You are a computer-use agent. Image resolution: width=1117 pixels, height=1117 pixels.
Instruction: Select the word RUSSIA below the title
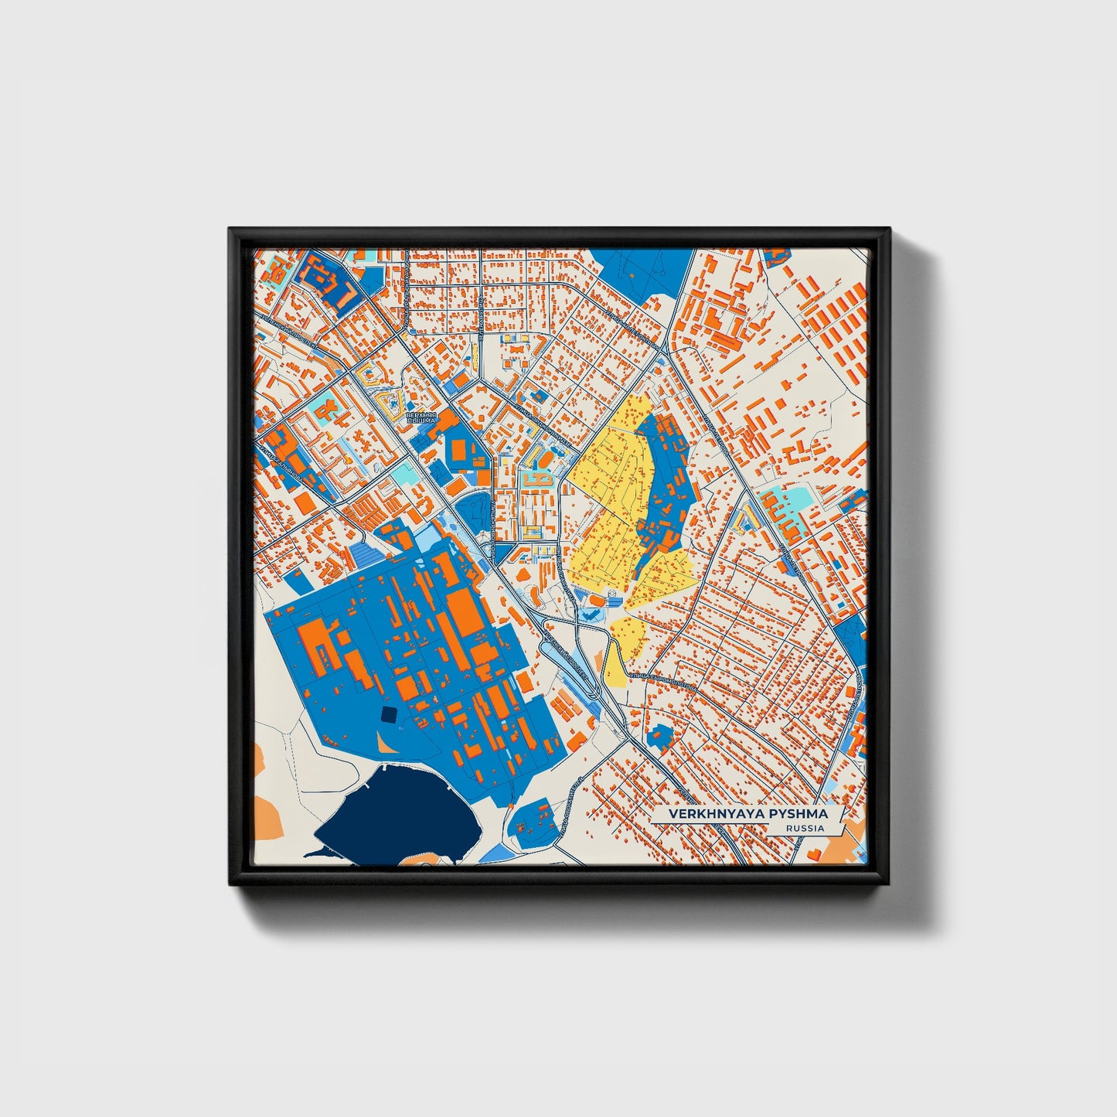point(804,829)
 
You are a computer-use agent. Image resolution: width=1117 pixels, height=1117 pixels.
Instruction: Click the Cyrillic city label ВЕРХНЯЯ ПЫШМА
point(421,418)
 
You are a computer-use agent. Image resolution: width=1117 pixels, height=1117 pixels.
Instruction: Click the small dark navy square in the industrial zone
point(388,714)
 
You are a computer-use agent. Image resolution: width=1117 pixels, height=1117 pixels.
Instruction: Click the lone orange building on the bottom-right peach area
point(814,851)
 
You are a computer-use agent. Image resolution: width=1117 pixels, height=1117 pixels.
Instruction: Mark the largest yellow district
point(611,495)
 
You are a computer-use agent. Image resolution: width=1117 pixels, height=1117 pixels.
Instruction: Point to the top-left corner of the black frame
point(230,230)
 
